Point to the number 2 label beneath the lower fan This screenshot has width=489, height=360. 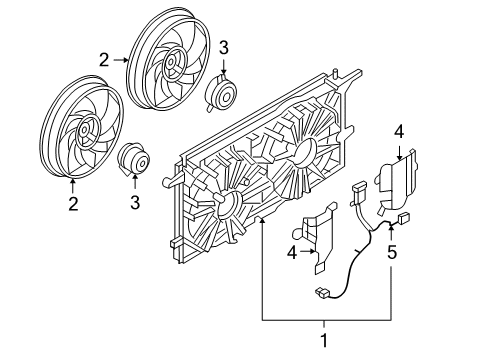tap(73, 205)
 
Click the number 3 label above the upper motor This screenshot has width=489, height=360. tap(224, 46)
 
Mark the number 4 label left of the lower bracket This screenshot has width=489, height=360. tap(293, 254)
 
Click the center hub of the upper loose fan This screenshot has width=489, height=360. tap(171, 66)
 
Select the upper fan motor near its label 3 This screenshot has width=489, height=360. tap(220, 90)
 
